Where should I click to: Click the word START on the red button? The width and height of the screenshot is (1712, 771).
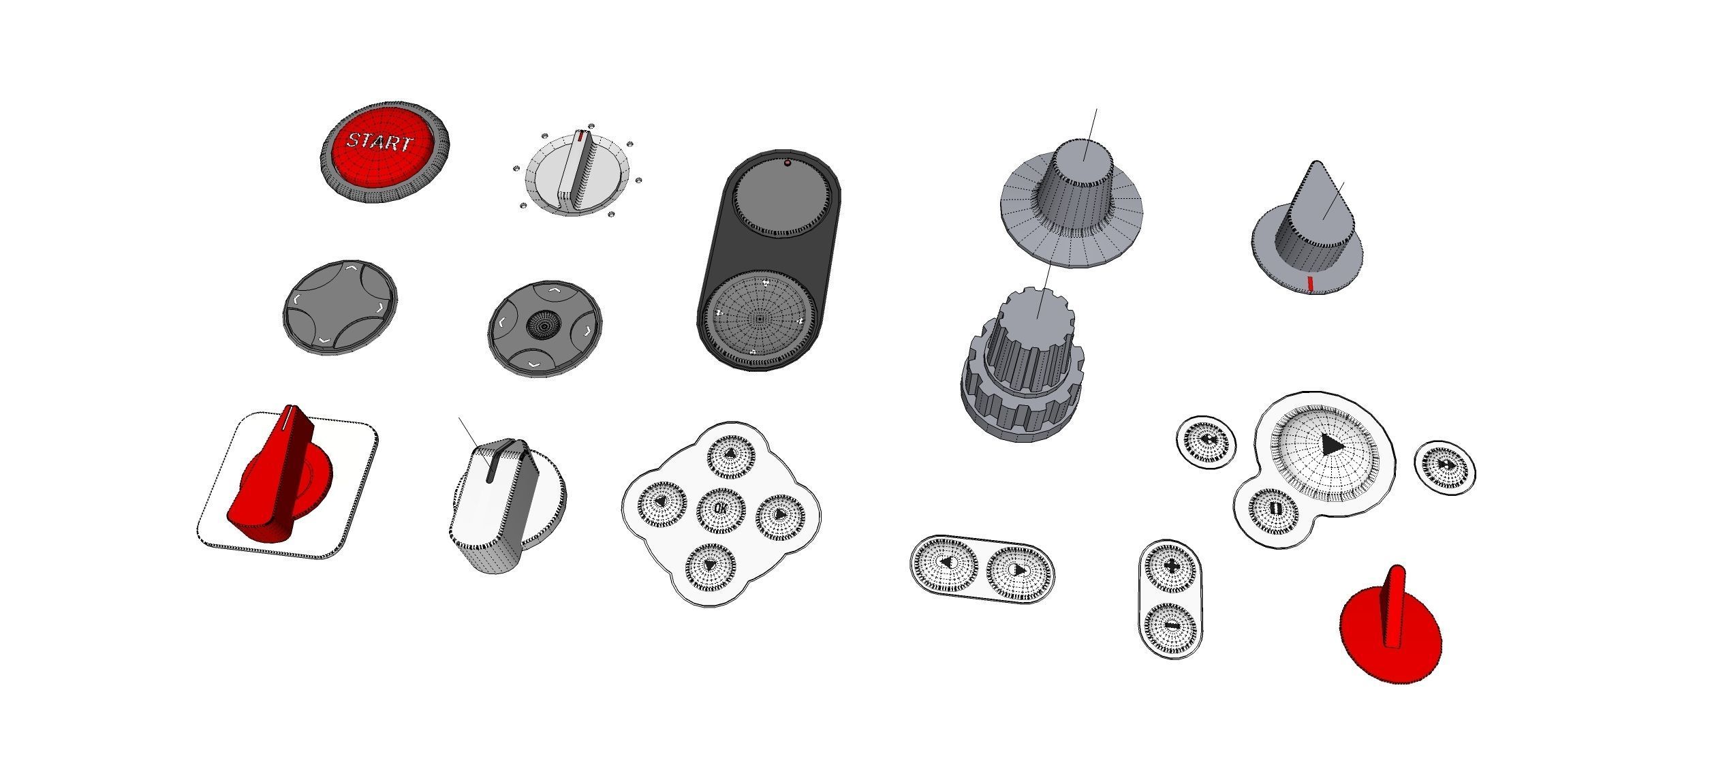(379, 142)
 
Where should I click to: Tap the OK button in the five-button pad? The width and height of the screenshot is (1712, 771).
(721, 508)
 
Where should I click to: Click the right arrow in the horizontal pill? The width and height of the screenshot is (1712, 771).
(1018, 571)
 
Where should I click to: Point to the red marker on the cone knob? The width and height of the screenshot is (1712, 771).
(1309, 284)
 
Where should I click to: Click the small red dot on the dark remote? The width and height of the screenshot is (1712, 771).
(788, 163)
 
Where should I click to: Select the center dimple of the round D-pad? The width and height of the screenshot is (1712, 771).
(543, 324)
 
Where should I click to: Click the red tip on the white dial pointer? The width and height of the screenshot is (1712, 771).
(580, 137)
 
